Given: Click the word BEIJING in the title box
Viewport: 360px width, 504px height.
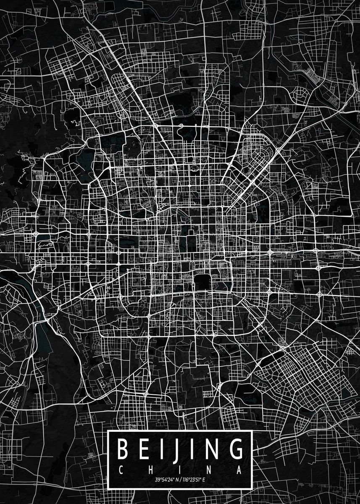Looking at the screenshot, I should (x=180, y=449).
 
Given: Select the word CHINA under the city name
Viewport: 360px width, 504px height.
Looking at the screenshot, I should (x=180, y=469).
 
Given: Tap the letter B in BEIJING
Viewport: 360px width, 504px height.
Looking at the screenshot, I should (x=123, y=449).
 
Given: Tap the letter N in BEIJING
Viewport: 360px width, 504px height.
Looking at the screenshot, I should (x=212, y=449).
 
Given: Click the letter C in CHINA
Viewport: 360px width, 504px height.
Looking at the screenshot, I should (x=121, y=469).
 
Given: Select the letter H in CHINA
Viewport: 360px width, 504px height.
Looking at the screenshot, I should (x=151, y=469).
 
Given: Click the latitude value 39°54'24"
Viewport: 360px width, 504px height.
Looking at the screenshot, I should (x=164, y=479).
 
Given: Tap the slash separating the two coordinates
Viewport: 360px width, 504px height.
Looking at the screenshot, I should (x=179, y=479).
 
